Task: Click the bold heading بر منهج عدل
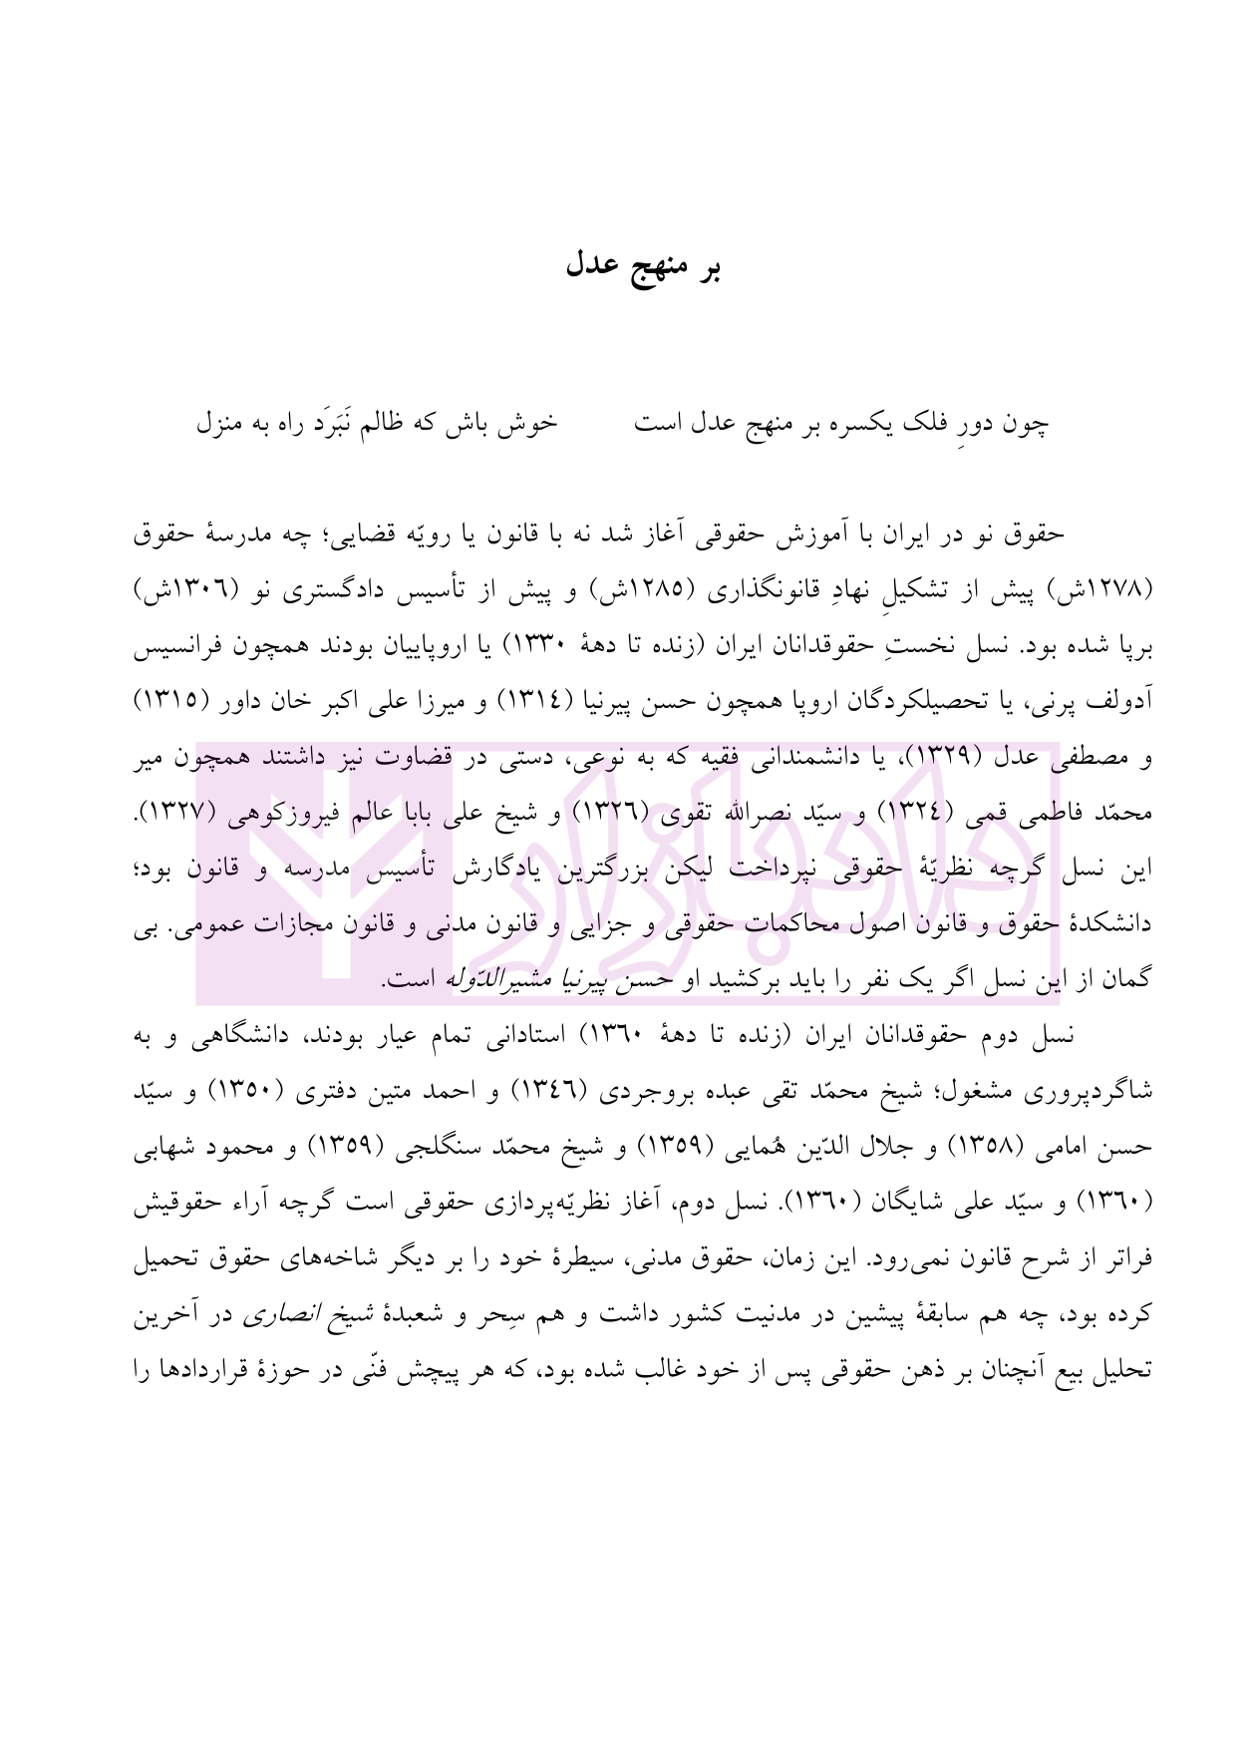(643, 267)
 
